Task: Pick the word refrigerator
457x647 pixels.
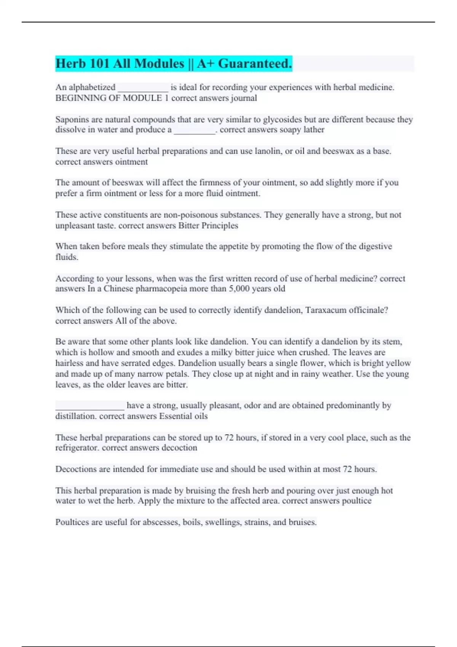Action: [x=77, y=448]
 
